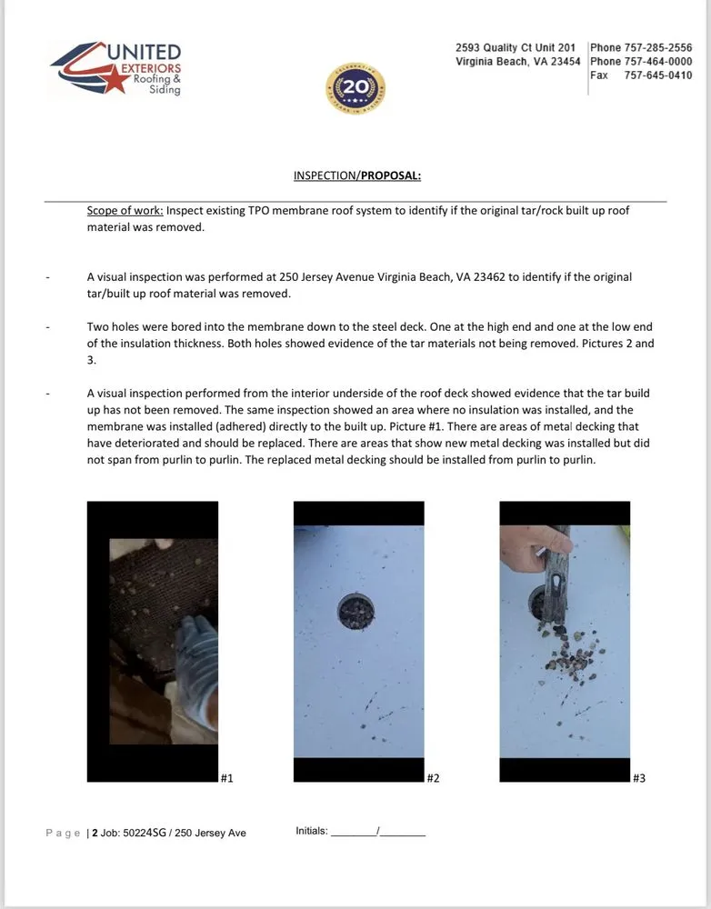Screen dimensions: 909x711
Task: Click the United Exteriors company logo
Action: click(x=115, y=70)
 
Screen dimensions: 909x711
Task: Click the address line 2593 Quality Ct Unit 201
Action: click(x=516, y=48)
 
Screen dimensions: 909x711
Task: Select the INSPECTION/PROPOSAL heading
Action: click(x=356, y=175)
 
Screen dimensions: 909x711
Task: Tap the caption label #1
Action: click(x=227, y=778)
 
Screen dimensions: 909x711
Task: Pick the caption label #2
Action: click(x=433, y=778)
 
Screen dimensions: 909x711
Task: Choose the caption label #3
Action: click(x=639, y=778)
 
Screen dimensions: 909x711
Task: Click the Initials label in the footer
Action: click(x=311, y=831)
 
